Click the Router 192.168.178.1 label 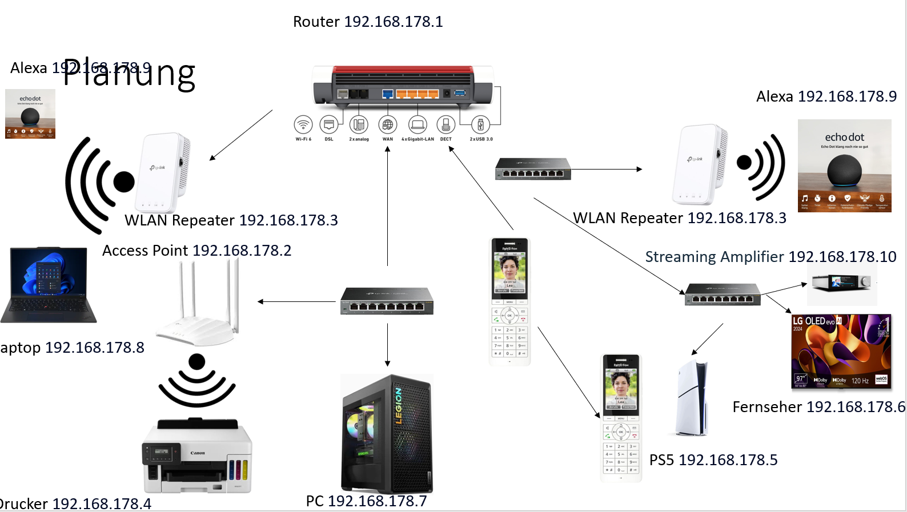point(368,22)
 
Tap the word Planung point(129,74)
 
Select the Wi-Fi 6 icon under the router point(303,124)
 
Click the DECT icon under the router point(446,124)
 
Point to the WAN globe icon point(388,124)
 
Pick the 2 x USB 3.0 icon point(481,124)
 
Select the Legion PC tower point(387,434)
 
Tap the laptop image point(49,285)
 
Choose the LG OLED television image point(841,352)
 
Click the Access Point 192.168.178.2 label point(196,251)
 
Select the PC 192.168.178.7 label point(366,501)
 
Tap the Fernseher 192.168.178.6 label point(818,407)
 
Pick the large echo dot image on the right point(844,166)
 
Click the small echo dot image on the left point(30,114)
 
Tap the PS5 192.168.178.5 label point(713,460)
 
